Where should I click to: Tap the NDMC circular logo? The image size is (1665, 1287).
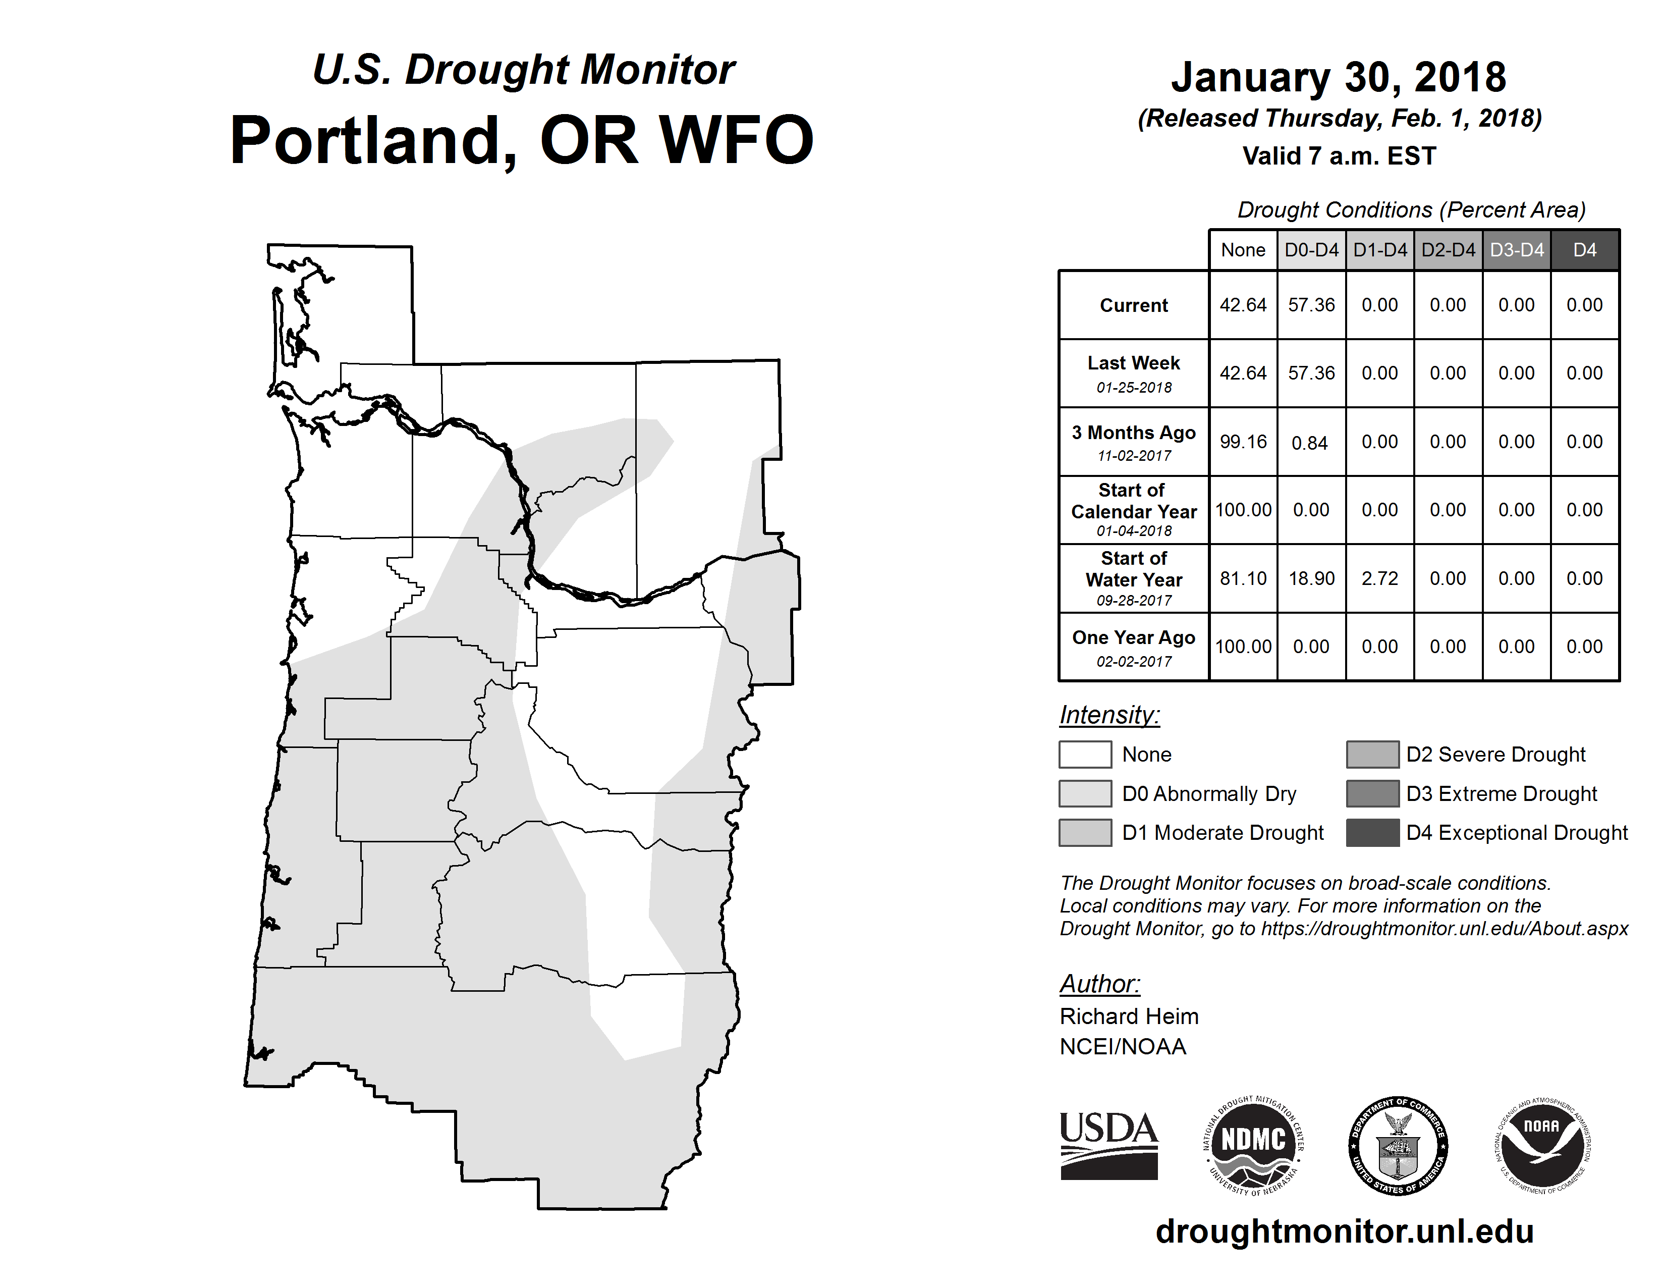[x=1253, y=1145]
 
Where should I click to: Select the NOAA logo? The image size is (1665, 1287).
[x=1542, y=1145]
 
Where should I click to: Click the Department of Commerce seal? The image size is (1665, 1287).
[x=1398, y=1145]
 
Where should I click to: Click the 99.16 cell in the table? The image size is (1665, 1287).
[x=1243, y=442]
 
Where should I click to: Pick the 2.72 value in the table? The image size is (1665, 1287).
[x=1380, y=579]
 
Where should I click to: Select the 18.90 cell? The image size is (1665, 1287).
[x=1311, y=579]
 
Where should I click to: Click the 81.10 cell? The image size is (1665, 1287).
[x=1243, y=579]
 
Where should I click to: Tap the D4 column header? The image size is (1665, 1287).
[x=1585, y=250]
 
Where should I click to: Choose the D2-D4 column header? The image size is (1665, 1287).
[x=1449, y=250]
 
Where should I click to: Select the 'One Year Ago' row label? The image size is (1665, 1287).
[x=1134, y=637]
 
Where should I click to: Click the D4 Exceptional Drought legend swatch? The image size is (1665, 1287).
[x=1372, y=833]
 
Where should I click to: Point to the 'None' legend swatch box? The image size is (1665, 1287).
[x=1085, y=754]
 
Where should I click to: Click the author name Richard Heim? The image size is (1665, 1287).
[x=1129, y=1016]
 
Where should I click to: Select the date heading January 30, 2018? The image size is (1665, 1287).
[x=1339, y=77]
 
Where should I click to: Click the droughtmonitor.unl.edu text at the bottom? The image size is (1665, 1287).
[x=1345, y=1232]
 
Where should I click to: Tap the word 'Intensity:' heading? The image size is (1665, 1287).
[x=1109, y=715]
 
